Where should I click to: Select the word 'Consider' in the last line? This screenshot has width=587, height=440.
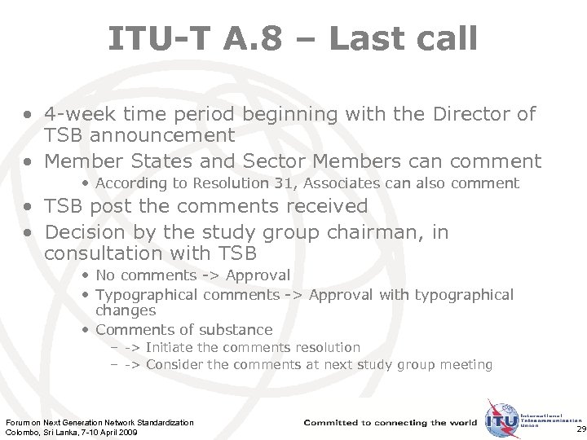pos(175,364)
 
